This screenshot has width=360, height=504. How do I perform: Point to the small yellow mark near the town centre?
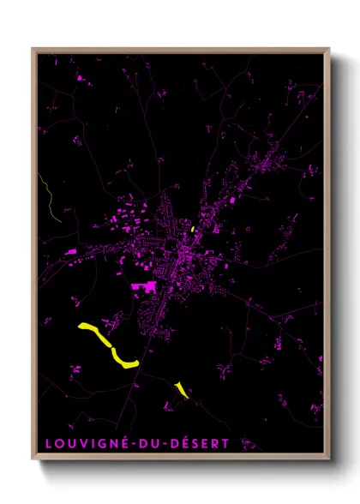pyautogui.click(x=194, y=229)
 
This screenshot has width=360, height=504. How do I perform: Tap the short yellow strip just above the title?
pyautogui.click(x=181, y=390)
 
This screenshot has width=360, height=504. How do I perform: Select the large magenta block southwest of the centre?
pyautogui.click(x=143, y=287)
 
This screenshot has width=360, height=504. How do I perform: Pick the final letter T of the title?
pyautogui.click(x=227, y=444)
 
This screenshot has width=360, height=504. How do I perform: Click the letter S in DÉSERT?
pyautogui.click(x=196, y=444)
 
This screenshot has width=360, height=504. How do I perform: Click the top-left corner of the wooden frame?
pyautogui.click(x=33, y=49)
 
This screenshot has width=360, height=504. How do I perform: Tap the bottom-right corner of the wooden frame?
pyautogui.click(x=329, y=460)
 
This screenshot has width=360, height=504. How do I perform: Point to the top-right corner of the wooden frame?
pyautogui.click(x=329, y=49)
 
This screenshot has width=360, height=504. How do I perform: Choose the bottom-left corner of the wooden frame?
pyautogui.click(x=33, y=460)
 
